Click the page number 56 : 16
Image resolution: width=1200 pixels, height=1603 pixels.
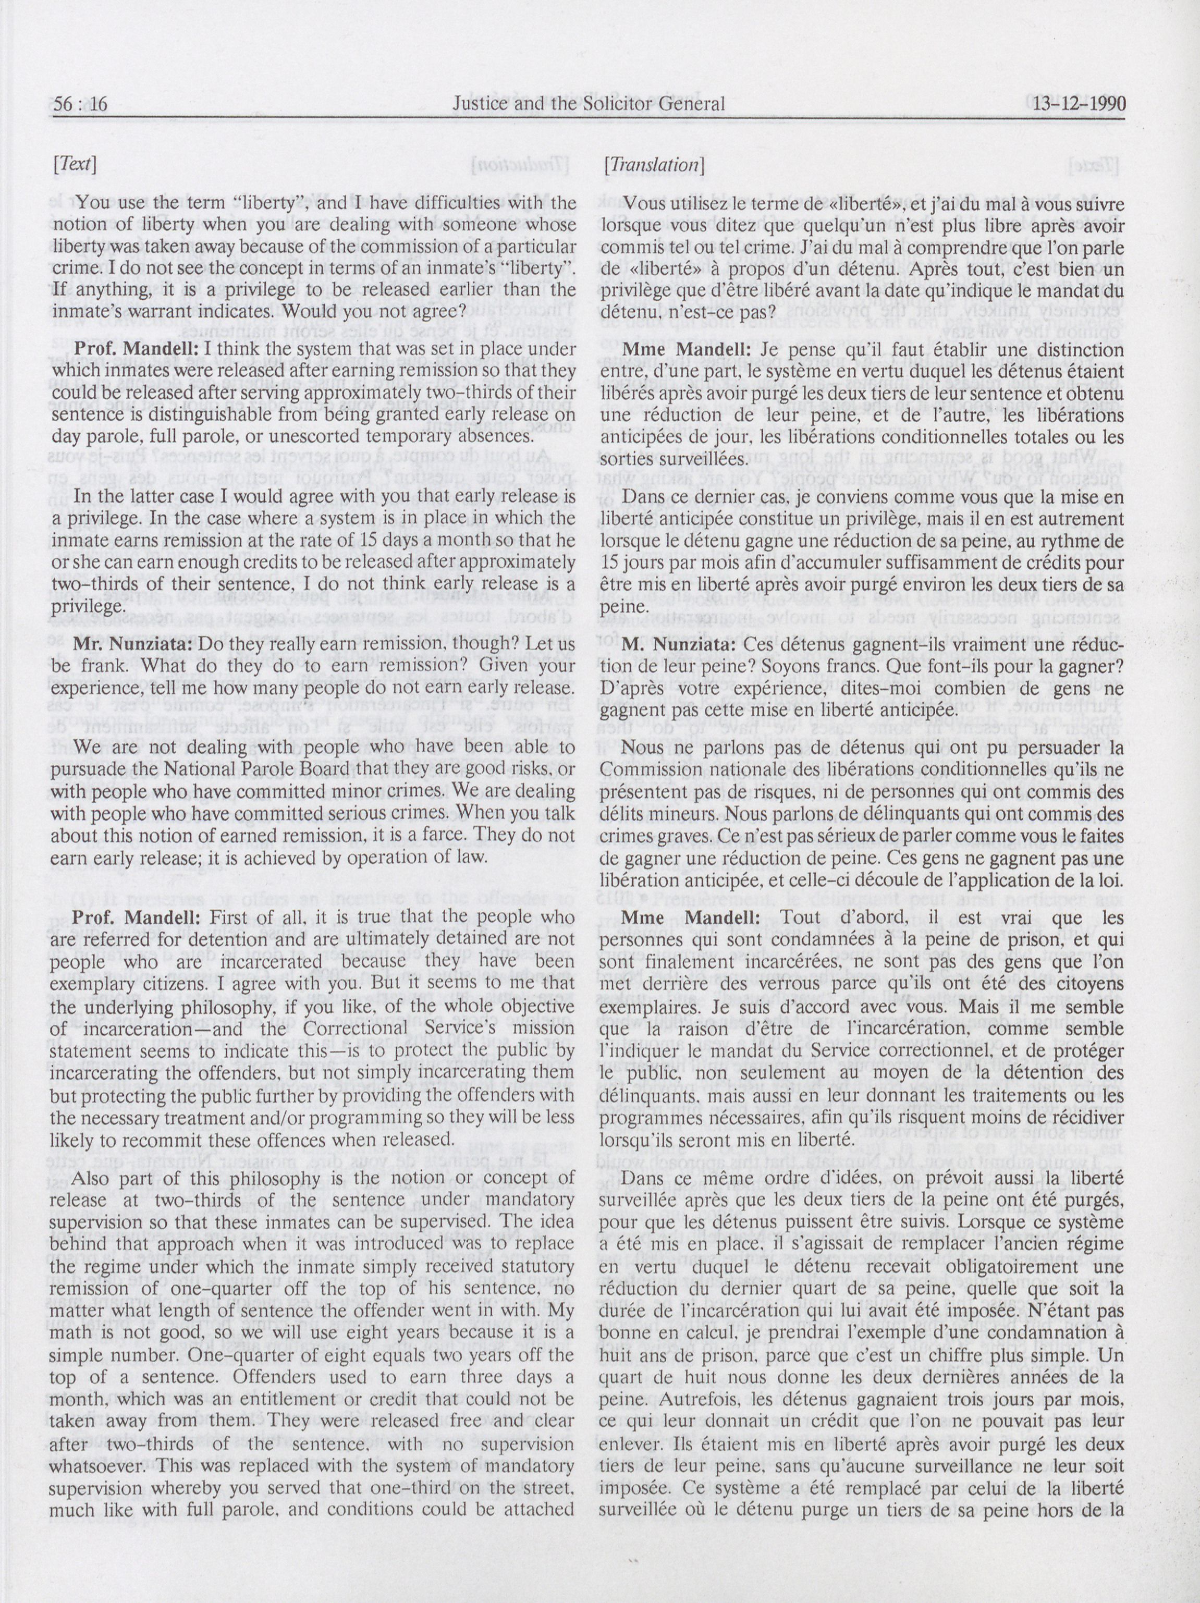(80, 104)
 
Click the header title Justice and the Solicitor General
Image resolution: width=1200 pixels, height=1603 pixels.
(587, 104)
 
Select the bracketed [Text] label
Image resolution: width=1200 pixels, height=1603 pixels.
(75, 165)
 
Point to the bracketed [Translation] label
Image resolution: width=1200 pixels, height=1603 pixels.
(654, 165)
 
